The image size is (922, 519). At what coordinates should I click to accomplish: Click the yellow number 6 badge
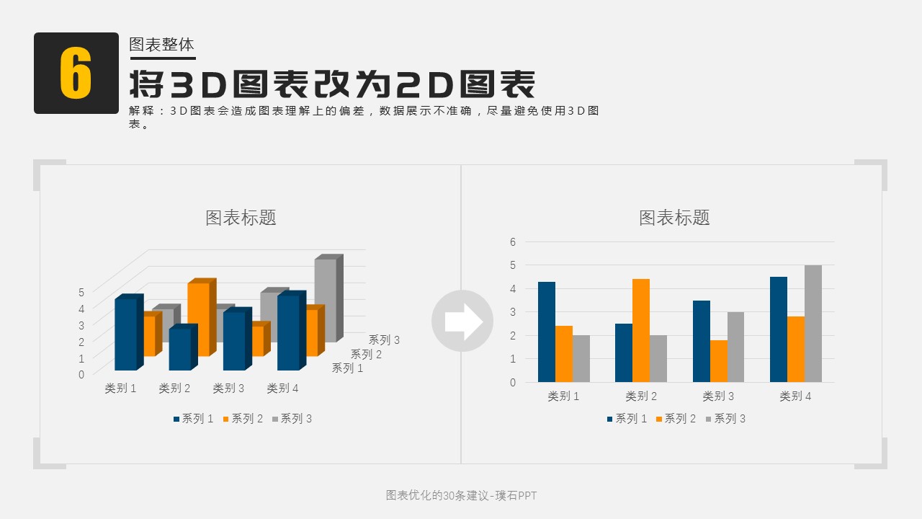pyautogui.click(x=76, y=74)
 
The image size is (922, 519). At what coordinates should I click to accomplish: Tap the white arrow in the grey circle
pyautogui.click(x=462, y=321)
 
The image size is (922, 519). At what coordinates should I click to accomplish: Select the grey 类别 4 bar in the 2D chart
pyautogui.click(x=813, y=324)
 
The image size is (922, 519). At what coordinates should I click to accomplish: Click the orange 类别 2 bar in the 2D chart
pyautogui.click(x=641, y=330)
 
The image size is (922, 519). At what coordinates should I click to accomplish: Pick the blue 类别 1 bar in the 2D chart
pyautogui.click(x=547, y=332)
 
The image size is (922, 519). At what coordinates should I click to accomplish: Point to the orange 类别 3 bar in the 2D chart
pyautogui.click(x=718, y=360)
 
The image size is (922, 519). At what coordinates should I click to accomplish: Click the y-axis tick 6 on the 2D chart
pyautogui.click(x=513, y=241)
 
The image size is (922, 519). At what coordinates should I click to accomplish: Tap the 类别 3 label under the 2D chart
pyautogui.click(x=718, y=396)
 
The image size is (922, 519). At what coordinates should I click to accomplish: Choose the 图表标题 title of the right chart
pyautogui.click(x=674, y=218)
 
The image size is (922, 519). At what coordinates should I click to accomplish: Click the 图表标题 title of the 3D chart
pyautogui.click(x=241, y=218)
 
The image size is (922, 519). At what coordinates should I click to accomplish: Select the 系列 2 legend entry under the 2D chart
pyautogui.click(x=676, y=419)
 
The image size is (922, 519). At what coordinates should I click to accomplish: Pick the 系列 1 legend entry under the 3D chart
pyautogui.click(x=193, y=419)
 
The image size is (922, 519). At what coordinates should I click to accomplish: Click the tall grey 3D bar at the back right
pyautogui.click(x=326, y=299)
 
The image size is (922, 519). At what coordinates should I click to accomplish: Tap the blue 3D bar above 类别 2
pyautogui.click(x=180, y=349)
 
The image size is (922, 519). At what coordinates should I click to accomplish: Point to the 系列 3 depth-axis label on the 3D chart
pyautogui.click(x=384, y=340)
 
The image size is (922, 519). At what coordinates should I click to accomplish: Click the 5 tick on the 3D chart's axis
pyautogui.click(x=81, y=292)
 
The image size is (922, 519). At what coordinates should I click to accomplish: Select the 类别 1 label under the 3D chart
pyautogui.click(x=120, y=389)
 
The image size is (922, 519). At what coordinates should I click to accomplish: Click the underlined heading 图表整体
pyautogui.click(x=161, y=45)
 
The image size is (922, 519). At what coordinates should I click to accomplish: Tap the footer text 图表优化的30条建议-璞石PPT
pyautogui.click(x=461, y=495)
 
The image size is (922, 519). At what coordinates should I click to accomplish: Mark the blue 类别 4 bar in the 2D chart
pyautogui.click(x=779, y=329)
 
